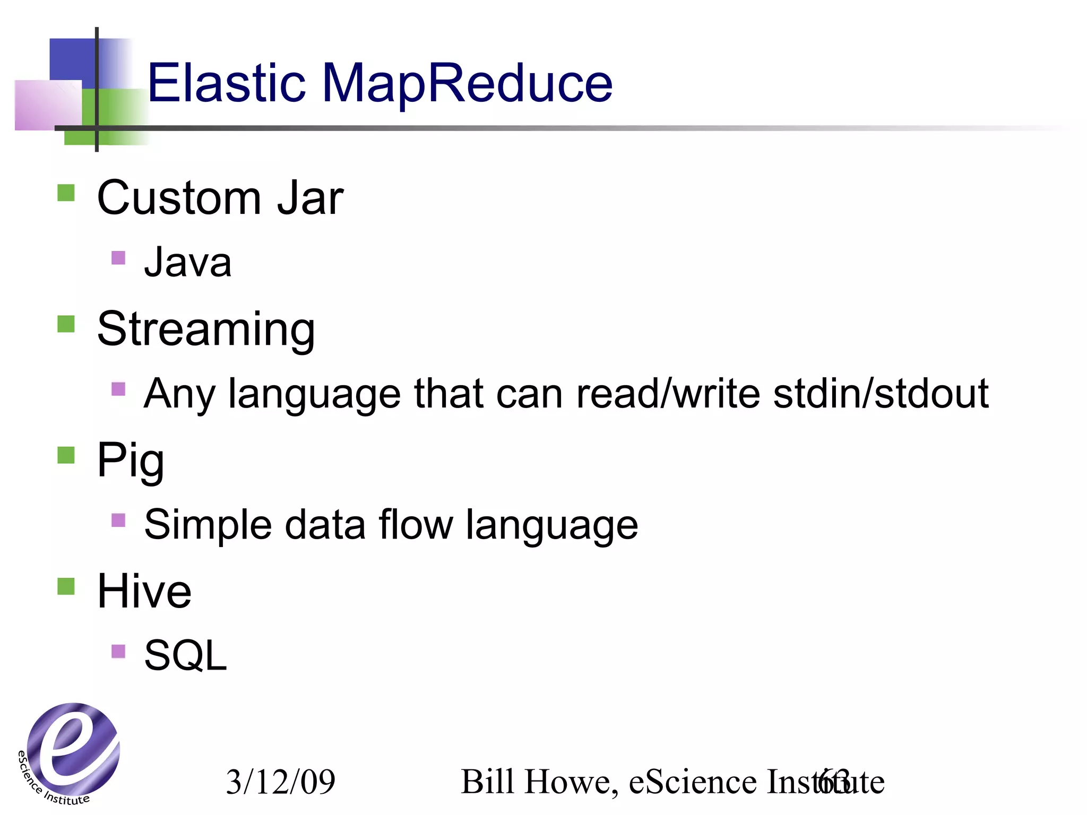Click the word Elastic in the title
pyautogui.click(x=226, y=83)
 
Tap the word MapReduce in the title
pyautogui.click(x=467, y=84)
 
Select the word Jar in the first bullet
pyautogui.click(x=310, y=198)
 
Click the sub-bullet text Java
pyautogui.click(x=188, y=262)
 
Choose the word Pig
pyautogui.click(x=131, y=461)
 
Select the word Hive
pyautogui.click(x=144, y=591)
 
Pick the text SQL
pyautogui.click(x=185, y=656)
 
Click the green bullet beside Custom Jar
pyautogui.click(x=66, y=193)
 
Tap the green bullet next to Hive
pyautogui.click(x=66, y=586)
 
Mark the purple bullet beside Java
pyautogui.click(x=118, y=258)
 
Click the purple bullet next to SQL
pyautogui.click(x=118, y=651)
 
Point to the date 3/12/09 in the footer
pyautogui.click(x=281, y=782)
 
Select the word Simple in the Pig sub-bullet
pyautogui.click(x=208, y=525)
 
